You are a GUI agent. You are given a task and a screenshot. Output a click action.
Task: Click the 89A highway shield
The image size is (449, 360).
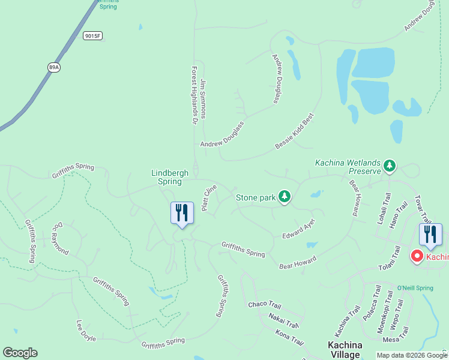click(x=54, y=67)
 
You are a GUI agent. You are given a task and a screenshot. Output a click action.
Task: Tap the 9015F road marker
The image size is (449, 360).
click(x=93, y=36)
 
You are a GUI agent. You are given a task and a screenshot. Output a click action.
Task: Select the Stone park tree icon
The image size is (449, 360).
click(x=285, y=196)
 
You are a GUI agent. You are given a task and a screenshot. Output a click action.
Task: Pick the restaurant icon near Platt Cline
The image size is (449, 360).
click(x=182, y=213)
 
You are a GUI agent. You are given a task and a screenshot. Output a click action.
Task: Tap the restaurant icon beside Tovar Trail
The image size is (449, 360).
click(x=430, y=235)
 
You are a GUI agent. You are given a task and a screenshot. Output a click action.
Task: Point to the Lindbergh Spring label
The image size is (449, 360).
click(x=169, y=177)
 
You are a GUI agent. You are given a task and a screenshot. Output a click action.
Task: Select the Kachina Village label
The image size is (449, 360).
click(x=345, y=349)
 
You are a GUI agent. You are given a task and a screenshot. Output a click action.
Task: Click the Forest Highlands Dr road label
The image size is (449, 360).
click(x=194, y=95)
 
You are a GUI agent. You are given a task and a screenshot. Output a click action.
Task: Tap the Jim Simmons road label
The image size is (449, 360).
click(x=203, y=98)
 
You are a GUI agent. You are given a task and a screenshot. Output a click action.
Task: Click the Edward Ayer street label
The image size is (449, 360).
click(x=298, y=229)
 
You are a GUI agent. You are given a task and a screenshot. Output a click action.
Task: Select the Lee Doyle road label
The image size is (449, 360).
click(x=86, y=330)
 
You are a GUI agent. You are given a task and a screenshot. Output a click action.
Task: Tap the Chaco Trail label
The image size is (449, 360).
click(x=264, y=304)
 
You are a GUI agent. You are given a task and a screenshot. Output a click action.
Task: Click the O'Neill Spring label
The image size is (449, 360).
click(x=415, y=288)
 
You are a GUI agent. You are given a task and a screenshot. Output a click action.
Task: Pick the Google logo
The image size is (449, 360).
click(x=20, y=353)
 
